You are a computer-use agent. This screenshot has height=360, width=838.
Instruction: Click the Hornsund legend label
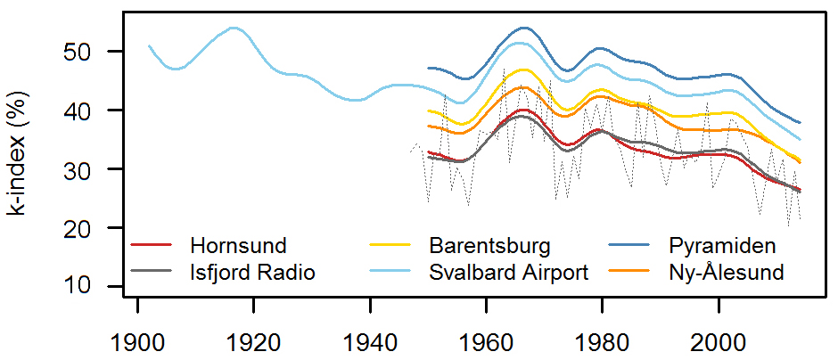point(238,245)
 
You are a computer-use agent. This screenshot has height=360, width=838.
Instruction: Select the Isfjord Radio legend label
point(252,272)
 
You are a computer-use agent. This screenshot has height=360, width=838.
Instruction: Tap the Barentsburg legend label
point(489,245)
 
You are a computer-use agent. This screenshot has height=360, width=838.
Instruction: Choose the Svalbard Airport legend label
point(508,272)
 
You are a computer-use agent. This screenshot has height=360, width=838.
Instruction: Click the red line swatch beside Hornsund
point(151,245)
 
